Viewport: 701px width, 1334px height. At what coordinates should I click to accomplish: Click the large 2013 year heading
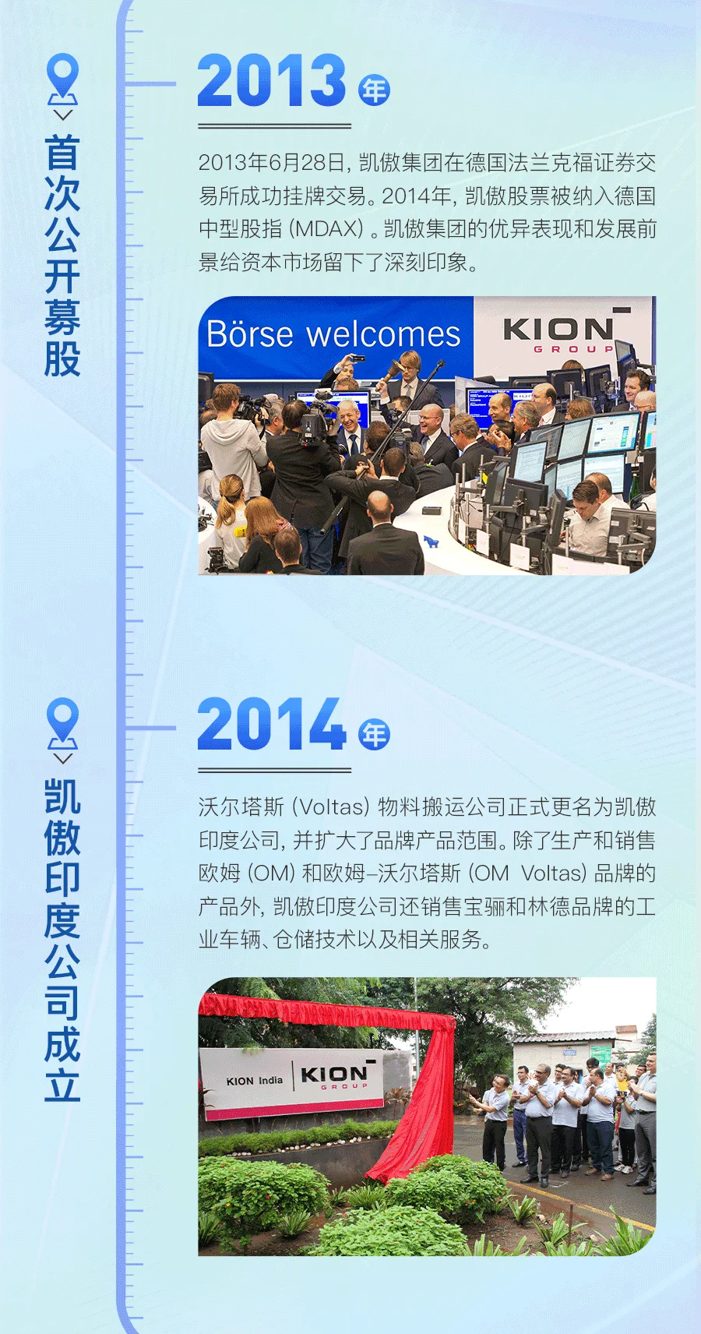coord(272,80)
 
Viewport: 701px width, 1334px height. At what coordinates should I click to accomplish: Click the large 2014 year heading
coord(272,724)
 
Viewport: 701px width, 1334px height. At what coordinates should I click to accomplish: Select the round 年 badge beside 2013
coord(375,90)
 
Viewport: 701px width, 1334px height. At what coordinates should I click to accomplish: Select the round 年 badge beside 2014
coord(375,734)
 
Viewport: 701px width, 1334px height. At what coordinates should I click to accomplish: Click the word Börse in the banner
coord(250,333)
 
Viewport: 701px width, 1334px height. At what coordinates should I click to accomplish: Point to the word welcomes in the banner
coord(383,334)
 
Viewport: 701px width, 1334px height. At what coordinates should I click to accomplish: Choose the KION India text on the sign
coord(255,1080)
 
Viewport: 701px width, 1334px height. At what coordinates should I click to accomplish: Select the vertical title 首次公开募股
coord(62,256)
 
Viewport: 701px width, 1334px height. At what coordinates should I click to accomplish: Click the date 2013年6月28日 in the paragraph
coord(272,163)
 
